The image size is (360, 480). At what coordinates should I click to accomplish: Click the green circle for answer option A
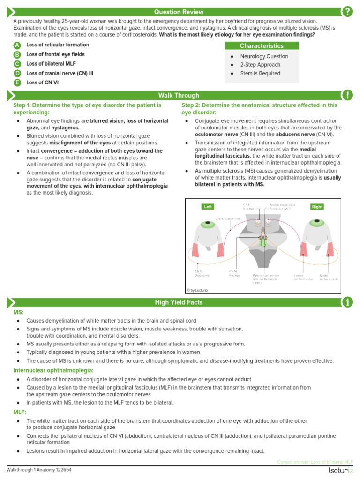17,45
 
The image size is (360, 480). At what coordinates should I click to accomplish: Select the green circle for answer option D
17,74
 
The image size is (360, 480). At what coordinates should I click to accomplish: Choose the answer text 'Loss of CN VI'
43,83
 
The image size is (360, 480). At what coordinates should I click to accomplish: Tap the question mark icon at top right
347,12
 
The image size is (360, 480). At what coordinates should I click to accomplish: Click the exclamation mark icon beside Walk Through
347,95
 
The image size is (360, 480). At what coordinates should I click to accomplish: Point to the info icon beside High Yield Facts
347,302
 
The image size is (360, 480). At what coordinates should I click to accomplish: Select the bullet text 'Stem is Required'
260,74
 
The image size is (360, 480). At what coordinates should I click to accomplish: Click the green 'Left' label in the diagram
208,207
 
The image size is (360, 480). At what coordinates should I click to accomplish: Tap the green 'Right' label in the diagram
317,207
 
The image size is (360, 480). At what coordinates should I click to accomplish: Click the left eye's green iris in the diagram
206,224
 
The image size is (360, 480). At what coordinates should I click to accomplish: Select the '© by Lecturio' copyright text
197,290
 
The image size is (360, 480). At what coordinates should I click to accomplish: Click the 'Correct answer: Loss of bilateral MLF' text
315,462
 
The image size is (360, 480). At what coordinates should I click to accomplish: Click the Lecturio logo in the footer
337,471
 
